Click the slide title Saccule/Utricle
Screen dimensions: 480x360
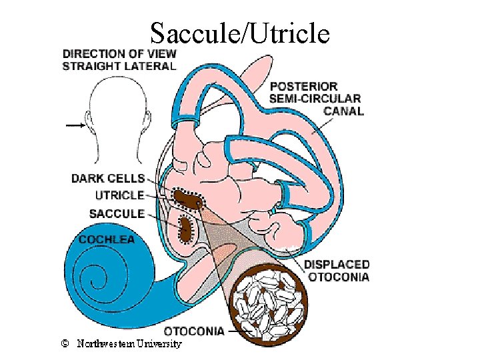tap(240, 33)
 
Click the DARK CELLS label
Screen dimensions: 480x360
tap(108, 178)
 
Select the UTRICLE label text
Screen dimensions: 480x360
tap(119, 195)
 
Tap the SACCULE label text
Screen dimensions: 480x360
tap(117, 213)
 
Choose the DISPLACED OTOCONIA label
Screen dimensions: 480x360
tap(337, 271)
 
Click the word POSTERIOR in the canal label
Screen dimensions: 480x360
tap(303, 87)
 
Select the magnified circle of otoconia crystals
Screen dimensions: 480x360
tap(271, 307)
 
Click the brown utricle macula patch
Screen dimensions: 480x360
tap(187, 199)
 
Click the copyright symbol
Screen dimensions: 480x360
tap(65, 344)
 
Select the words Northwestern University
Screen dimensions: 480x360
tap(129, 344)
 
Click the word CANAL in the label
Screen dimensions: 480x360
tap(343, 111)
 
